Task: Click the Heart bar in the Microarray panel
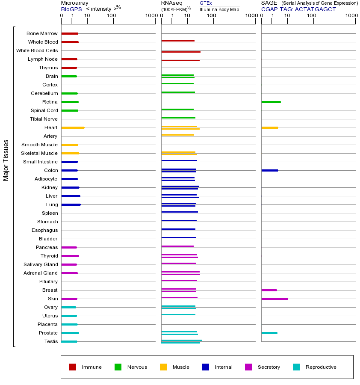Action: tap(73, 127)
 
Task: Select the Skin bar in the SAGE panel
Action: tap(274, 299)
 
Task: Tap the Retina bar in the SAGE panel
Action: tap(271, 102)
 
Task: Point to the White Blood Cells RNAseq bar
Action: tap(180, 52)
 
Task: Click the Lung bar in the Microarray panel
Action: tap(71, 204)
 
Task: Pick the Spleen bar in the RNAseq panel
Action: tap(180, 212)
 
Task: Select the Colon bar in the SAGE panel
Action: tap(269, 170)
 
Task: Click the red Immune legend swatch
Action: tap(73, 367)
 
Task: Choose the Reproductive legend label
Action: tap(321, 367)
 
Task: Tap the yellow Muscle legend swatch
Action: tap(163, 367)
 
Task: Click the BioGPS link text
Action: tap(71, 9)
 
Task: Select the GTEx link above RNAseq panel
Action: tap(206, 3)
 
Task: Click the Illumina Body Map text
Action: tap(219, 9)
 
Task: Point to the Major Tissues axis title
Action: tap(6, 160)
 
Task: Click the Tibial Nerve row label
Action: tap(44, 119)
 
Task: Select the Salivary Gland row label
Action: tap(41, 264)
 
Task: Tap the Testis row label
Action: tap(51, 341)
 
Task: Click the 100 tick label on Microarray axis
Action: tap(112, 16)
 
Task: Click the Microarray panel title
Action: tap(75, 3)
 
